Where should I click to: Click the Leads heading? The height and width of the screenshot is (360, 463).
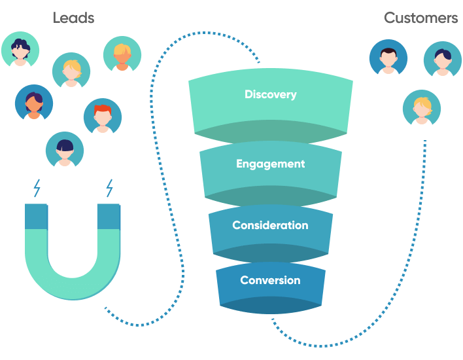click(73, 18)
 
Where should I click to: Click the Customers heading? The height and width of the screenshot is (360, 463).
click(420, 18)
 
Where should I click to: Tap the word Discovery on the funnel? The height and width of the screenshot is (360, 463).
click(270, 95)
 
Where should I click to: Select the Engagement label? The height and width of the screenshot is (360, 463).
click(270, 164)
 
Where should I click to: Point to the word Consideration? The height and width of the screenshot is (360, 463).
click(270, 225)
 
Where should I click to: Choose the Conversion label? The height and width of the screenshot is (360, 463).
click(270, 280)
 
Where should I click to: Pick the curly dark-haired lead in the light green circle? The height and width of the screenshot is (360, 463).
click(20, 50)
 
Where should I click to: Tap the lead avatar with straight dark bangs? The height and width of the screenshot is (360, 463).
click(65, 151)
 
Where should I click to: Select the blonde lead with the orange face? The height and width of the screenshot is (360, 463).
click(122, 55)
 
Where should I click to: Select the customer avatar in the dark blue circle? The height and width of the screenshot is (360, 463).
click(388, 58)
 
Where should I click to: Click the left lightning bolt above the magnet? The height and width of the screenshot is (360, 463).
click(37, 189)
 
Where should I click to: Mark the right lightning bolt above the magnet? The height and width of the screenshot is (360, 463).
click(109, 189)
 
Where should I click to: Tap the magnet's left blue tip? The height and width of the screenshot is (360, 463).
click(37, 217)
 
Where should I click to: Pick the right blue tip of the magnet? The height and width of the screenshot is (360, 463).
click(109, 217)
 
